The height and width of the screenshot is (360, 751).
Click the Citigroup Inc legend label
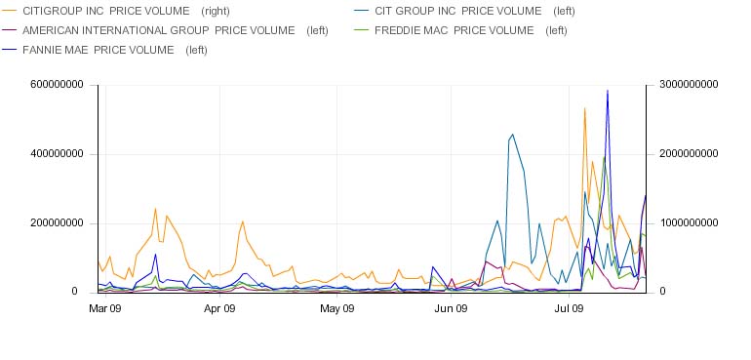point(126,11)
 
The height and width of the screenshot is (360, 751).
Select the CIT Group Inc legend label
point(475,11)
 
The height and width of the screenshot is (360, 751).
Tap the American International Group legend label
point(176,30)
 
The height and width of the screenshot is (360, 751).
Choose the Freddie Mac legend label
point(471,30)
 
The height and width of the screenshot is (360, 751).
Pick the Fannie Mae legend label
point(115,50)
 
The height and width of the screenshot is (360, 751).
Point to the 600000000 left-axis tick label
point(57,84)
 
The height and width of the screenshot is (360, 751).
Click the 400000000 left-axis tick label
point(57,154)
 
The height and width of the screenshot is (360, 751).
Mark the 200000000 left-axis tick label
point(57,223)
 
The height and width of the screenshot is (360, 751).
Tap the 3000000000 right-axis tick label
point(689,84)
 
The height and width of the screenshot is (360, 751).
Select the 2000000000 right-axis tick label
point(689,154)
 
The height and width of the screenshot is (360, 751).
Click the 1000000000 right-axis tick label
point(689,223)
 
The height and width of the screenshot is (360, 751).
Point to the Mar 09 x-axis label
point(105,308)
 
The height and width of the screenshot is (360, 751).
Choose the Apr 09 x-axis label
point(219,308)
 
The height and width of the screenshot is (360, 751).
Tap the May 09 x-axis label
point(336,308)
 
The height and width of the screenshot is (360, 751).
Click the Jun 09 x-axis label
point(452,308)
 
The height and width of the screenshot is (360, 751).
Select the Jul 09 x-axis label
point(569,308)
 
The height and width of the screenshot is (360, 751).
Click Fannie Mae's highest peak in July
point(608,91)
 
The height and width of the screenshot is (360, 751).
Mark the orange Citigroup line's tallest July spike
point(584,108)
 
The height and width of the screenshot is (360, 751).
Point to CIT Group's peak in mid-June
point(512,135)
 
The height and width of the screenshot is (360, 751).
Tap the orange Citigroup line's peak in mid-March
point(155,209)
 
